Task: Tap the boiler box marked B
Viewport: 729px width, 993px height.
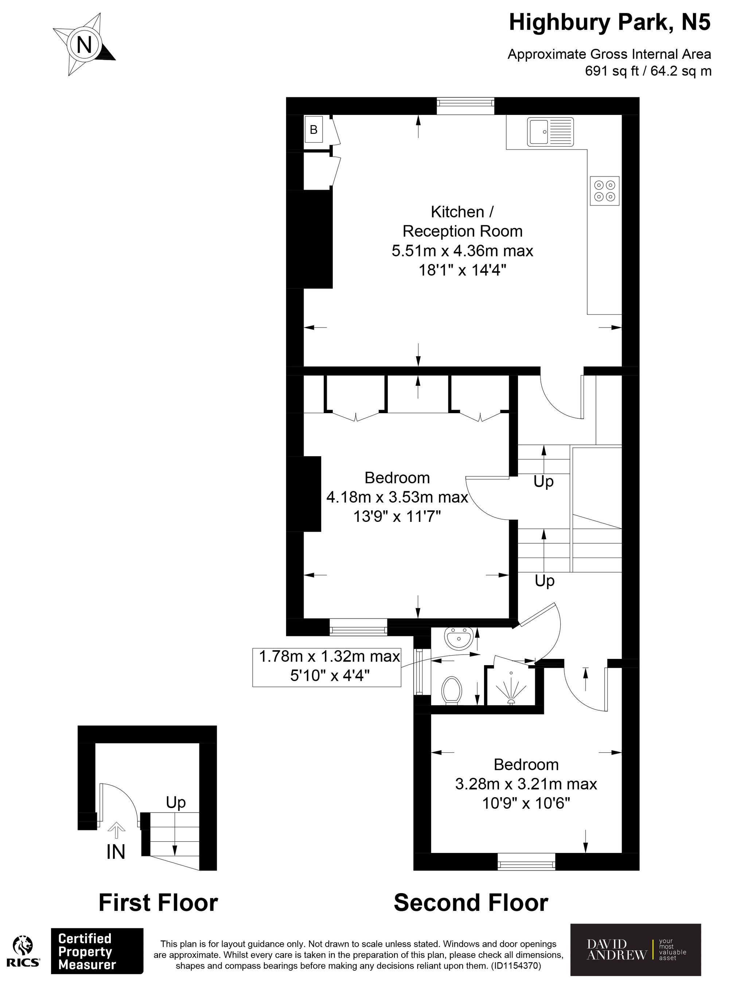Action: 314,129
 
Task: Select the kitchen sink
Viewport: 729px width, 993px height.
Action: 551,132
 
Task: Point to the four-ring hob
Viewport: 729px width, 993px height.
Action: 605,190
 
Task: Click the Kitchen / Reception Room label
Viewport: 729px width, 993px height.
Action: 462,222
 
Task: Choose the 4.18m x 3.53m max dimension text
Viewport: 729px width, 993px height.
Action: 397,497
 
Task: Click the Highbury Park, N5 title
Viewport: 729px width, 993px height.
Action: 610,23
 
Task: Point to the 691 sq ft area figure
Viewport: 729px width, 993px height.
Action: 612,71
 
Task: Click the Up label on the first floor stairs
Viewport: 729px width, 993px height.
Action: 176,802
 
